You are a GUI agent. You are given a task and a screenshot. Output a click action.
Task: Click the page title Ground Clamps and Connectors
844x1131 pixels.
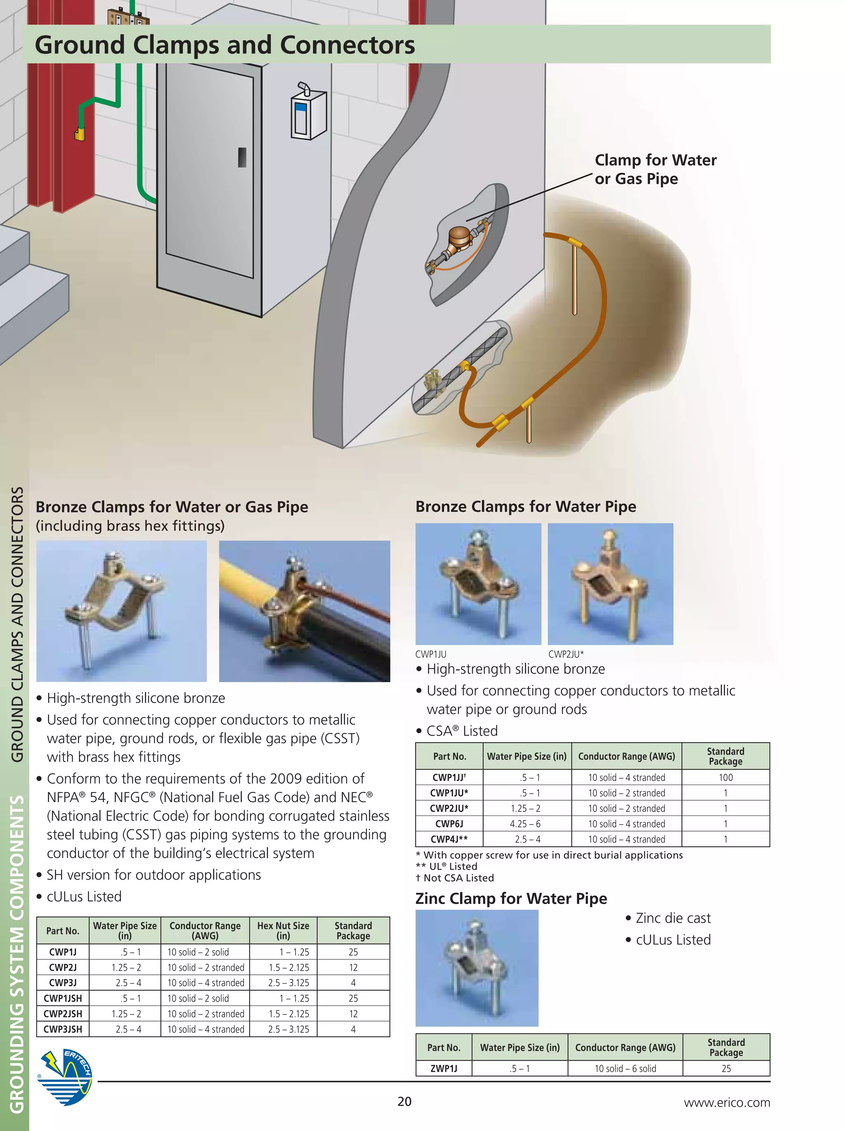coord(225,45)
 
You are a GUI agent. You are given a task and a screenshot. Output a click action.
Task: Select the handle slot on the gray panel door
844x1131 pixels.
coord(242,157)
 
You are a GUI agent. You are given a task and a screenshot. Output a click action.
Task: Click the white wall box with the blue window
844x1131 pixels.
coord(308,115)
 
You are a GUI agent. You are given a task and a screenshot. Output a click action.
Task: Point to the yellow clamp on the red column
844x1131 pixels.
coord(80,134)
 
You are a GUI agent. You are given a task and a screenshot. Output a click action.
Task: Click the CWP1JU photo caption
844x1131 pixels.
coord(431,654)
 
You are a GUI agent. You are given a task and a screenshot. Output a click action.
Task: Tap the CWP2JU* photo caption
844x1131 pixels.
coord(565,654)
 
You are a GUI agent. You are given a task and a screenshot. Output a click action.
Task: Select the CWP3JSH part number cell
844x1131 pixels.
coord(63,1029)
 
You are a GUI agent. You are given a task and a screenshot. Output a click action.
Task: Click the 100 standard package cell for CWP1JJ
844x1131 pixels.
coord(725,777)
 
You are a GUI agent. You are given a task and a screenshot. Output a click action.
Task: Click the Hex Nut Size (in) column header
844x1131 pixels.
coord(283,930)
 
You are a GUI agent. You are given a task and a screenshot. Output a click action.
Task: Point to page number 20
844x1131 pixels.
coord(404,1101)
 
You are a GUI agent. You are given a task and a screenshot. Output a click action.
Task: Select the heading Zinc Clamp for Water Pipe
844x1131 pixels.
coord(511,898)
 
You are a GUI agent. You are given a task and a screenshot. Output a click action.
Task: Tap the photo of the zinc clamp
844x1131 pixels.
coord(477,967)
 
